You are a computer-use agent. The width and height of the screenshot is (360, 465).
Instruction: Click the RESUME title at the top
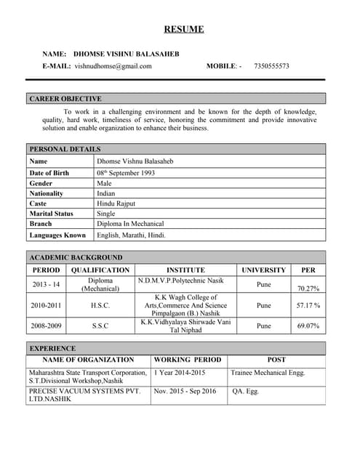183,29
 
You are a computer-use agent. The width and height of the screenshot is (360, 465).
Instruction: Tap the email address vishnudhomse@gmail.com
113,66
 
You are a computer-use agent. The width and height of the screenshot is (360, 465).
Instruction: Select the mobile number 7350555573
271,66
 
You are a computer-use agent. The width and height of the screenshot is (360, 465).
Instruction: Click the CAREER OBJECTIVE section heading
65,98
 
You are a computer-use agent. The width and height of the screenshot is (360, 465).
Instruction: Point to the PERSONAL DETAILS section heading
65,149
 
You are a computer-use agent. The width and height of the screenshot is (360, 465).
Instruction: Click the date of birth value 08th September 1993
126,173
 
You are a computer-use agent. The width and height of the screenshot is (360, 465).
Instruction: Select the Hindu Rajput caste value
116,203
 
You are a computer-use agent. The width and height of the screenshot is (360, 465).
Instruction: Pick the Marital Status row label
52,214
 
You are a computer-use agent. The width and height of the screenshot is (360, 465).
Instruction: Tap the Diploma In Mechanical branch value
130,224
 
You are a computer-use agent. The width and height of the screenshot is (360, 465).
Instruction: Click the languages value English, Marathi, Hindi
132,235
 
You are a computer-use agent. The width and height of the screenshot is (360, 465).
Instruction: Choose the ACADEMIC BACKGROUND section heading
76,257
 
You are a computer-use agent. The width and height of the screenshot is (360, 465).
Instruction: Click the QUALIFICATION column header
100,270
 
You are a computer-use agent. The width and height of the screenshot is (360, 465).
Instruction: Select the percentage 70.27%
308,288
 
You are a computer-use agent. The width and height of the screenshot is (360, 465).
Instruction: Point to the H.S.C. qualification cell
100,306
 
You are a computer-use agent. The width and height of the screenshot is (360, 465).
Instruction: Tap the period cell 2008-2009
46,326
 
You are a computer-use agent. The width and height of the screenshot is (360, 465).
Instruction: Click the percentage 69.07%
308,326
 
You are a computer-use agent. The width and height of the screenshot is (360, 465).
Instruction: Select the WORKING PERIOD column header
188,359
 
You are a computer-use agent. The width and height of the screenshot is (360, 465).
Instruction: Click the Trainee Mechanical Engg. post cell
268,372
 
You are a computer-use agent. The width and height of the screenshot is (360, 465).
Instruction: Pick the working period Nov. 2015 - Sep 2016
185,391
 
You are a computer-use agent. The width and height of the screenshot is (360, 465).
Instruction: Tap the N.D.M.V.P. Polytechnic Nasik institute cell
181,280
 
